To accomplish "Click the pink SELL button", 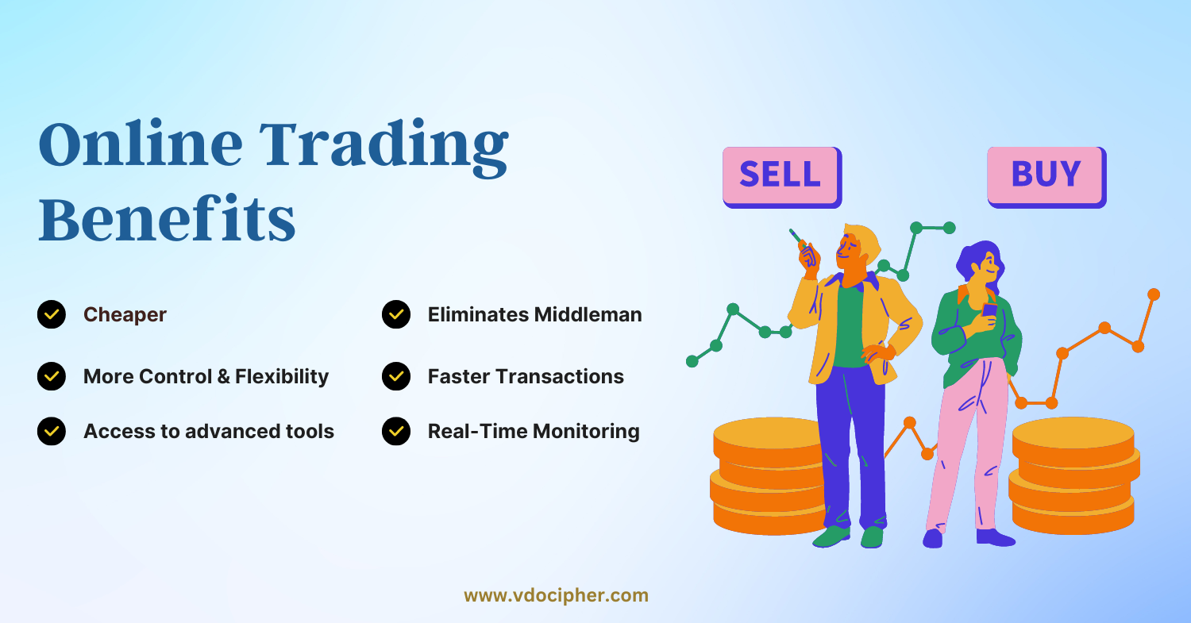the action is click(x=782, y=177).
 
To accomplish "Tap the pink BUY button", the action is click(x=1047, y=177).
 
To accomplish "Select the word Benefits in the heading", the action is click(x=167, y=218).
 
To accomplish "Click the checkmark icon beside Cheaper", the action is click(x=52, y=314).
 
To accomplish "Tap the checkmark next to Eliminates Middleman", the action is click(x=396, y=314).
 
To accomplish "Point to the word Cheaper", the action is click(x=125, y=315).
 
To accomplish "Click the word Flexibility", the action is click(x=282, y=377).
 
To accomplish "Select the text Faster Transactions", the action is click(x=526, y=376).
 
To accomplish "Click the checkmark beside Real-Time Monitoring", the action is click(x=396, y=431).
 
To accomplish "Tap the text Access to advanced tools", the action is click(x=209, y=431).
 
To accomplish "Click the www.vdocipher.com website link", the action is click(x=556, y=595).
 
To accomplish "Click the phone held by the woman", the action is click(x=989, y=310).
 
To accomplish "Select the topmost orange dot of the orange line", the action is click(x=1153, y=294).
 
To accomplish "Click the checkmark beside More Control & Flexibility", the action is click(x=52, y=376).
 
